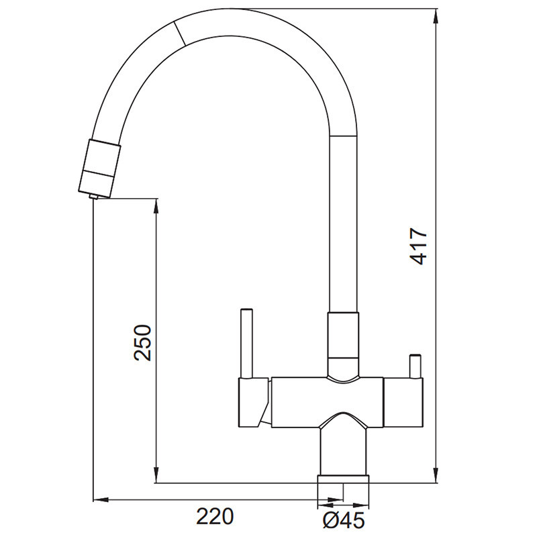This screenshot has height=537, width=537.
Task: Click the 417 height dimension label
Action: point(419,246)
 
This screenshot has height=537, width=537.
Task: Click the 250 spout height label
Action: point(142,342)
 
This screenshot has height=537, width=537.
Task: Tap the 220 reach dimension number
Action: point(215,516)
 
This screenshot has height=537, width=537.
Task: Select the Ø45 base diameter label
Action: point(344,521)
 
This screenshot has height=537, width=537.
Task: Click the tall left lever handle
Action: point(246,343)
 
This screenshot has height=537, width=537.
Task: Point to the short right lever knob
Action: point(416,366)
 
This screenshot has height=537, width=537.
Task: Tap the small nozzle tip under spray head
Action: point(93,196)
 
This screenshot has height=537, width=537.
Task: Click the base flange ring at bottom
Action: point(344,479)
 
